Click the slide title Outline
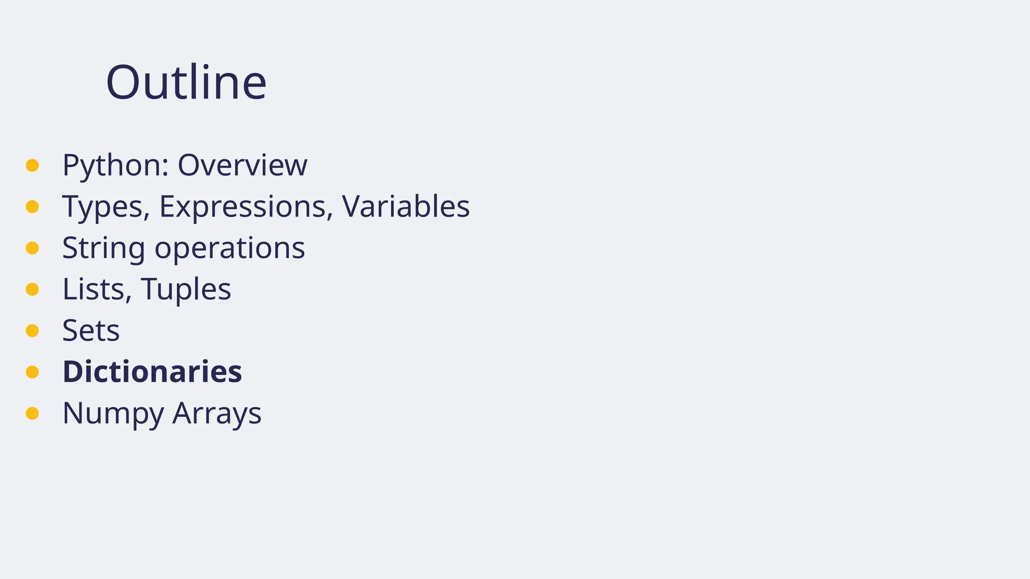(186, 82)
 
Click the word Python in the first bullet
(115, 165)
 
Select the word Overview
(242, 165)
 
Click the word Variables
(406, 207)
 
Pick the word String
(104, 248)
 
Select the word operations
(230, 248)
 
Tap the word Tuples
(186, 289)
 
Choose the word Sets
(91, 331)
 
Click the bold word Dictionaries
(152, 372)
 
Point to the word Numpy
(113, 413)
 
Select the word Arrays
(217, 413)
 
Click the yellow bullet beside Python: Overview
(32, 165)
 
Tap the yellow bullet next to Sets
(32, 331)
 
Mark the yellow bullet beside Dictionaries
(32, 372)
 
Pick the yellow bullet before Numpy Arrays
(32, 413)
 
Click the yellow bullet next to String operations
(32, 248)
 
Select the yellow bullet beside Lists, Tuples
(32, 289)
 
